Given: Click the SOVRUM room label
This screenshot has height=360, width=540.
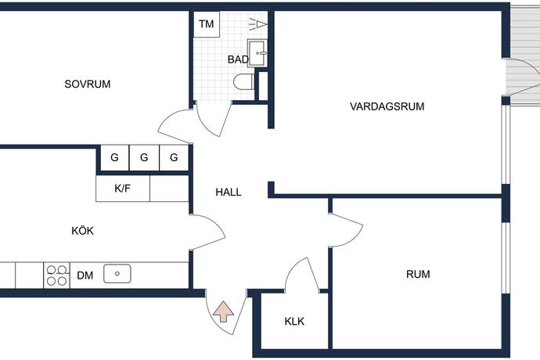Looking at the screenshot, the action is [88, 84].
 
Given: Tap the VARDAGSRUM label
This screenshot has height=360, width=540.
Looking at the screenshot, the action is [387, 106].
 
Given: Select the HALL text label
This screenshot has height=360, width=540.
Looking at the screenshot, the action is [229, 193].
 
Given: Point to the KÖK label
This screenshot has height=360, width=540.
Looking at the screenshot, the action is [83, 230].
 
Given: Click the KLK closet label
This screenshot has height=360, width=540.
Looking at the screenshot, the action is [294, 322].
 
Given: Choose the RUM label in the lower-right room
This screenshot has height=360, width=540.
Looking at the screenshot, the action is [418, 274].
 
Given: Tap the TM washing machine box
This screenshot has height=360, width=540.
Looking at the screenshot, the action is [207, 24].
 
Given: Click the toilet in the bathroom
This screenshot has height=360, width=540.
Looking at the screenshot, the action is [244, 82].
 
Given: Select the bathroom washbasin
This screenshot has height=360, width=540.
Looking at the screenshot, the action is [257, 53].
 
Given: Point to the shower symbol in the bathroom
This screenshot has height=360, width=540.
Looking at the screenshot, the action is [258, 24].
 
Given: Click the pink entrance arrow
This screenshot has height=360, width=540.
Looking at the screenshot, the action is [224, 311].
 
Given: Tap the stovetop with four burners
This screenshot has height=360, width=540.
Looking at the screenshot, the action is [57, 275].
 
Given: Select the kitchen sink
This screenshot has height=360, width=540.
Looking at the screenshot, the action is [117, 274].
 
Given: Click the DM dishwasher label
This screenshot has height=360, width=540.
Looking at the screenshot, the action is [85, 275].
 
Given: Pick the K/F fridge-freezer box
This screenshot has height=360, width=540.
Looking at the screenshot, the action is [123, 189].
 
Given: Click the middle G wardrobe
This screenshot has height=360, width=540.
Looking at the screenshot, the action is [144, 157].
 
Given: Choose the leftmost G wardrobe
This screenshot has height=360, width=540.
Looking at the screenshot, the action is [115, 157].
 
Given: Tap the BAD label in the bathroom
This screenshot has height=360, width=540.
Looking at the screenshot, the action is [238, 59].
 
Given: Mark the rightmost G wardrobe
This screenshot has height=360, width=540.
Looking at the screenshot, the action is [174, 157].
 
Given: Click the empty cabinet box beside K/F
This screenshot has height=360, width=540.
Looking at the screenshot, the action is [170, 189].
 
